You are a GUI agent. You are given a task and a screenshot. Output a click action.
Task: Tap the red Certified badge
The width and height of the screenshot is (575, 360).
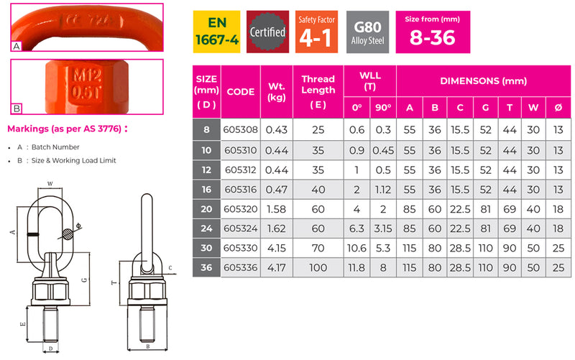tap(267, 32)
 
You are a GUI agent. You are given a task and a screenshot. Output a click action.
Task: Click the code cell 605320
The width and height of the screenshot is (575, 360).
tap(240, 210)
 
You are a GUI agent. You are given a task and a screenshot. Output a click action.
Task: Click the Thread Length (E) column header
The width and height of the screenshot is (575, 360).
tap(318, 91)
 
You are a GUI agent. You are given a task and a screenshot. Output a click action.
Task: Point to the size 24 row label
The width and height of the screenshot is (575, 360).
tap(206, 229)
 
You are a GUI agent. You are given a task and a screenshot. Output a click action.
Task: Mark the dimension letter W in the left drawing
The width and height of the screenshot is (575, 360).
tap(50, 184)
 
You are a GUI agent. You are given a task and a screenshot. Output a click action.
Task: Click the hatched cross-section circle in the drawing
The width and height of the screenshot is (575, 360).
tap(67, 234)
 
